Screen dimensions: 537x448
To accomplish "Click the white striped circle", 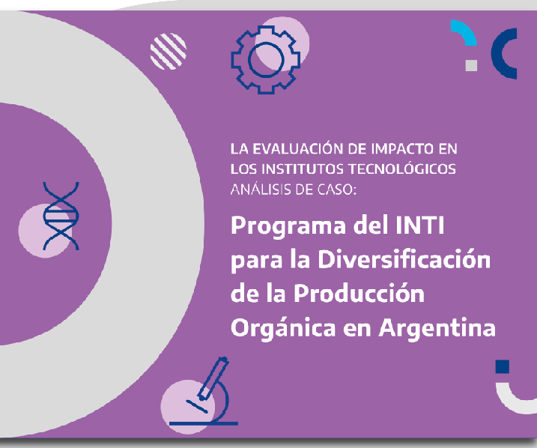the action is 169,52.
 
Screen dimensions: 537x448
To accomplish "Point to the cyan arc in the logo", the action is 468,31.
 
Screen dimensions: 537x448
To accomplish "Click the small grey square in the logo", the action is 471,65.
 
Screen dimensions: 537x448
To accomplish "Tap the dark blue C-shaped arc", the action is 497,54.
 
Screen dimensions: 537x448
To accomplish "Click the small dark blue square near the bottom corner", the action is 503,366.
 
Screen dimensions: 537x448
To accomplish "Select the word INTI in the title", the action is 420,225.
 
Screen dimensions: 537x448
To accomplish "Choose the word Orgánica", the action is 283,328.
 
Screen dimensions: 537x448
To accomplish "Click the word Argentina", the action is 437,328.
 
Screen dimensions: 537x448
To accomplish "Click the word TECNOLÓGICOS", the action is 402,169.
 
